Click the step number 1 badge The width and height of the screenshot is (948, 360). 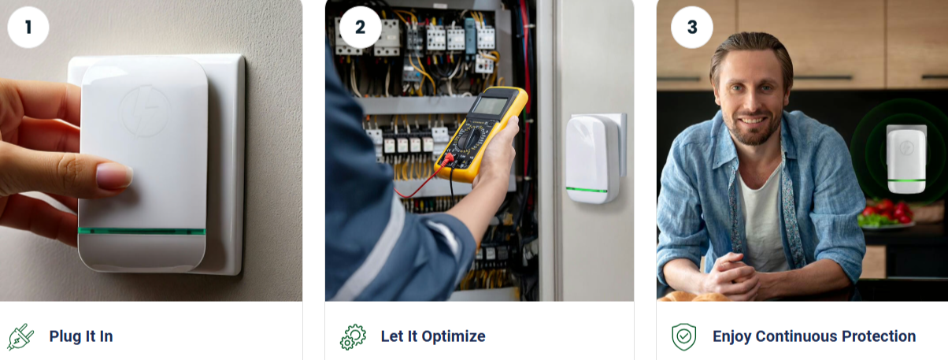(x=28, y=28)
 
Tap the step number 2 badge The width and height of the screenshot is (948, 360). (x=360, y=28)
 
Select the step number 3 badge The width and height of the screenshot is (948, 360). (x=692, y=28)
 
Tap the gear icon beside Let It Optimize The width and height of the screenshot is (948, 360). (x=353, y=336)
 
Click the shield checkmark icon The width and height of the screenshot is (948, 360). (x=683, y=336)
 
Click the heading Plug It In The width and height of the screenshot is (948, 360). (x=81, y=336)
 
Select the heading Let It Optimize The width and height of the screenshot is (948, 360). (x=433, y=336)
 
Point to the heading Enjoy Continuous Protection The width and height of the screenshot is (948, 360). (x=814, y=336)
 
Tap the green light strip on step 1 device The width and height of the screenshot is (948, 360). (x=142, y=231)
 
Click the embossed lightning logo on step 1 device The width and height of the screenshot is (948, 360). (x=145, y=111)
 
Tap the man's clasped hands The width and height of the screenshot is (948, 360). (x=729, y=276)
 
